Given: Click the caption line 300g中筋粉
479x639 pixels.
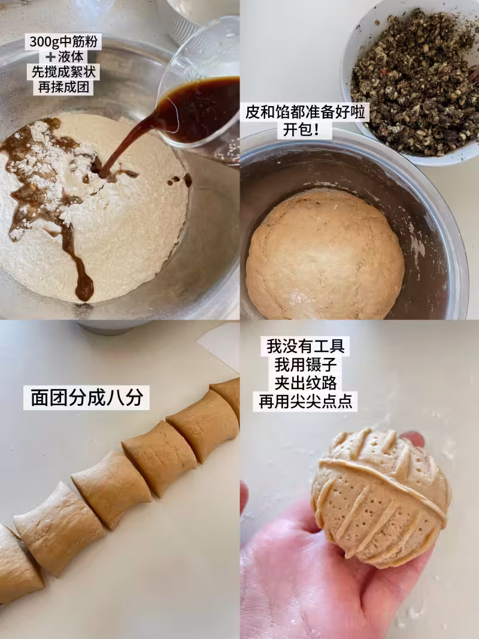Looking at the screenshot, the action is coord(63,42).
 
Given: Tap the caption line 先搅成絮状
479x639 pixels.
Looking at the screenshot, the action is coord(63,72).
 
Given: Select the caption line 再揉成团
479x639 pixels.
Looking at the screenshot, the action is coord(63,87).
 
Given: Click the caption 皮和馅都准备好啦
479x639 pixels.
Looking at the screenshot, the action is coord(305,112).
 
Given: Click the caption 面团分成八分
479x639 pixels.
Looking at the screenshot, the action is coord(87,397).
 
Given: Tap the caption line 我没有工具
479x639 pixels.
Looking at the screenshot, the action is coord(305,346).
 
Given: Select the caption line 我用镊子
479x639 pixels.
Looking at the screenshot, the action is coord(305,364).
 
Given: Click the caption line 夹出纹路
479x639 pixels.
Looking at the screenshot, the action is coord(305,382).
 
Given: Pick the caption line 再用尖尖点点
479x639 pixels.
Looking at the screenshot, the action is coord(305,402).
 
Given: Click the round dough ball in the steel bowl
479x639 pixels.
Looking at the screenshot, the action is coord(325,255).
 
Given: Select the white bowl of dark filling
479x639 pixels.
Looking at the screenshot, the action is coord(411,82).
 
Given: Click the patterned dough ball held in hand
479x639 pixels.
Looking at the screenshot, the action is coord(381,497).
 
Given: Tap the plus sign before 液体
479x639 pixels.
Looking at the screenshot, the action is coord(51,57).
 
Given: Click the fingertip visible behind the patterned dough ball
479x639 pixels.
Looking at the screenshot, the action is coord(413,439).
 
